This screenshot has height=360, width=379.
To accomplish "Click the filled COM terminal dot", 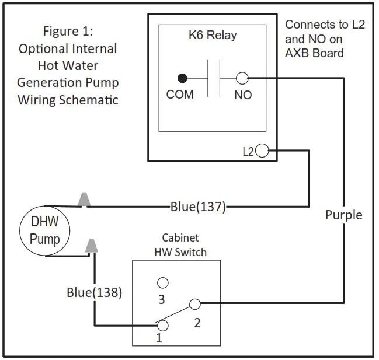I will tap(182, 78).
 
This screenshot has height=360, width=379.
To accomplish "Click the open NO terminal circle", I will tap(242, 78).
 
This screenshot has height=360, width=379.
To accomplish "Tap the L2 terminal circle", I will tap(262, 152).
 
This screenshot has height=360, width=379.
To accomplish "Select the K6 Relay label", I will tap(212, 35).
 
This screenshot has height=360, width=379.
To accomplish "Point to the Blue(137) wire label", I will tap(198, 207).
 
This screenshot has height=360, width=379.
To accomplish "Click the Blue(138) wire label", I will tap(94, 293).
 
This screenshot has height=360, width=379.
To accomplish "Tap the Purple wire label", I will tap(343, 215).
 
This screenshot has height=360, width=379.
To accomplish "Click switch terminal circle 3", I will tap(163, 283).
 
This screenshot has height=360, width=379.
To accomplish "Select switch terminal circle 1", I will tap(164, 326).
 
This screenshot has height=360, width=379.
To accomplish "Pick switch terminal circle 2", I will tap(194, 304).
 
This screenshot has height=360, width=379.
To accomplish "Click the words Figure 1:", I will tap(68, 30).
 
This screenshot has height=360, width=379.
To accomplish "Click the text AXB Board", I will tap(314, 53).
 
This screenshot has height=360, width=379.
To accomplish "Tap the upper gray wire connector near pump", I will tap(85, 199).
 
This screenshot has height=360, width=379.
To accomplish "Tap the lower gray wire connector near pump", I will tap(91, 245).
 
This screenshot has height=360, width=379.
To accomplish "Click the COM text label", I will tap(180, 95).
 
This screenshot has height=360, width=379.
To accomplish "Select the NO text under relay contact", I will tap(243, 95).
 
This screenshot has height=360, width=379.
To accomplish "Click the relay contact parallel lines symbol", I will tap(213, 78).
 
